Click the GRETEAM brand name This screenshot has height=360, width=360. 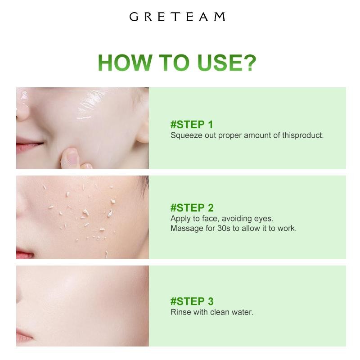tap(177, 17)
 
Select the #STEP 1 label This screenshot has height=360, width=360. tap(192, 125)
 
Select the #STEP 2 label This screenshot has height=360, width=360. tap(192, 207)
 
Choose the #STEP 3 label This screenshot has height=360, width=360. tap(192, 301)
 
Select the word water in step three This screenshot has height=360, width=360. tap(243, 311)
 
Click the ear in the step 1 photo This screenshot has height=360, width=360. tap(142, 130)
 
